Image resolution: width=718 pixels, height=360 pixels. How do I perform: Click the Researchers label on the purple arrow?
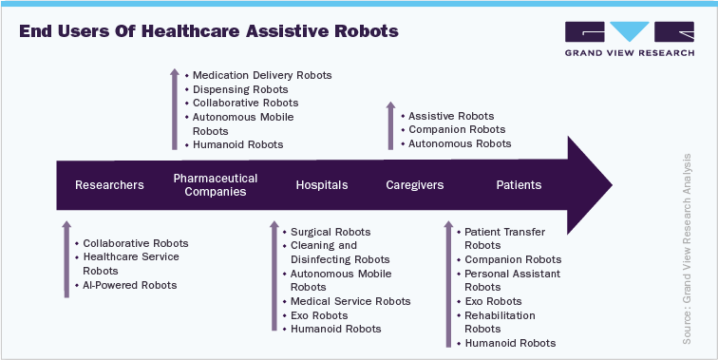(109, 185)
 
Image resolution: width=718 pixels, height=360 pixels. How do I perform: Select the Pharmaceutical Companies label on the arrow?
(216, 184)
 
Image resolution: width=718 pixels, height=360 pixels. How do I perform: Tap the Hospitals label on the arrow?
(321, 185)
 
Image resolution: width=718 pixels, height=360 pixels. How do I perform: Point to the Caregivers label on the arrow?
(414, 185)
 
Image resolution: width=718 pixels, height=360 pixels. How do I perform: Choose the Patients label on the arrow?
(519, 185)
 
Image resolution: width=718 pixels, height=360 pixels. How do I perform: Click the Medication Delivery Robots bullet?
(262, 75)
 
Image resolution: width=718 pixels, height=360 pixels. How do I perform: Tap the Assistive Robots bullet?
(451, 115)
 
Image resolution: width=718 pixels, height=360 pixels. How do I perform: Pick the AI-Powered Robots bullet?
(129, 285)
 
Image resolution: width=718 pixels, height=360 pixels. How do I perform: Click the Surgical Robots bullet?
(331, 232)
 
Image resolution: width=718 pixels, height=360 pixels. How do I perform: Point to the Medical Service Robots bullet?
(350, 301)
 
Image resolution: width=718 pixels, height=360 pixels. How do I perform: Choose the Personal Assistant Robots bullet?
(512, 280)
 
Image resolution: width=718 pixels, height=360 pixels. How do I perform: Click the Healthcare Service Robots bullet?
(130, 264)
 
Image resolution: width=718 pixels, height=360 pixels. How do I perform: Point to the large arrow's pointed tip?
(611, 184)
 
